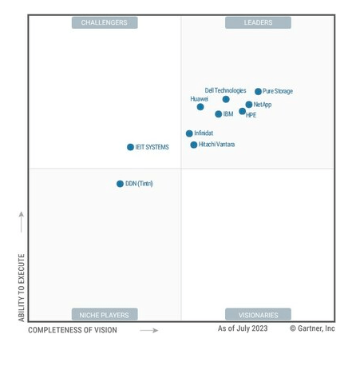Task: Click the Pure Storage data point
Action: coord(258,92)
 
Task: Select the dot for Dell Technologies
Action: coord(226,100)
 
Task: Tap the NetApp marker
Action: coord(249,105)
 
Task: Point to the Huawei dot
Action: coord(200,107)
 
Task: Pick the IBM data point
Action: coord(219,114)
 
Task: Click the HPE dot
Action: coord(243,111)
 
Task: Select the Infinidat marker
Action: coord(189,133)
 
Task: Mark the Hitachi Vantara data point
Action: coord(194,145)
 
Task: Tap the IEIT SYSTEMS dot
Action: coord(131,147)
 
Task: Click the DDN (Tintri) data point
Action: coord(121,184)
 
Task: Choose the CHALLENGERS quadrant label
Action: coord(105,22)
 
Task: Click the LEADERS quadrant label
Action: coord(258,22)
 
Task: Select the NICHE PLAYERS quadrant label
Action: coord(105,315)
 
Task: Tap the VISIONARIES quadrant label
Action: coord(258,315)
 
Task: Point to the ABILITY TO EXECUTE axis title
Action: coord(22,288)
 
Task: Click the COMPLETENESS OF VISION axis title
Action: coord(73,330)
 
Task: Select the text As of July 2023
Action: coord(243,328)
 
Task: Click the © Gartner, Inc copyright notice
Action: coord(312,328)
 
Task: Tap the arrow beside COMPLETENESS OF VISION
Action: coord(148,330)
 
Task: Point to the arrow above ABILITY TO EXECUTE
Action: coord(22,222)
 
